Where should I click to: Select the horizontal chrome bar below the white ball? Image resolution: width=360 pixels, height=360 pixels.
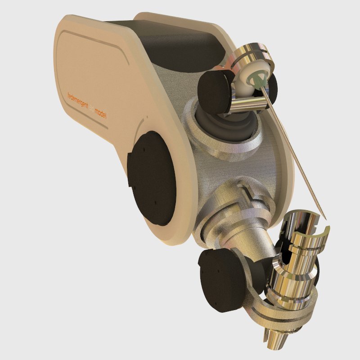(x=252, y=104)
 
